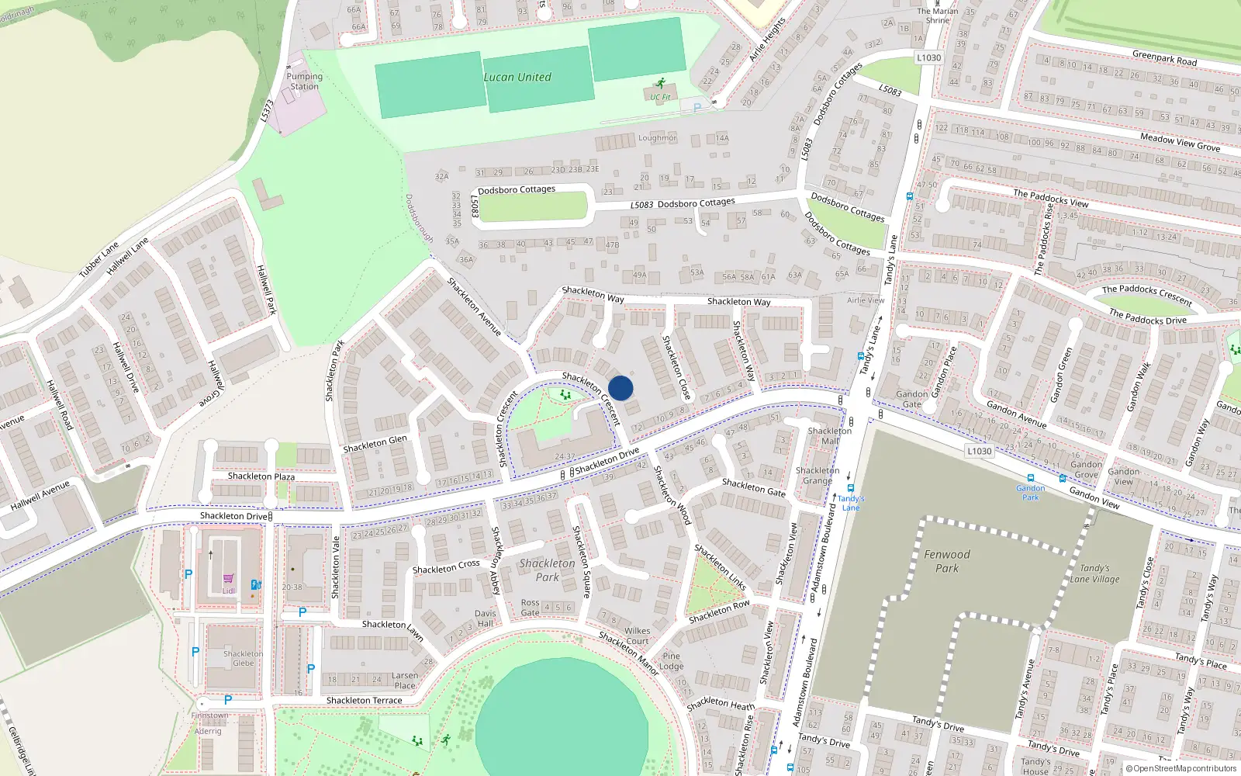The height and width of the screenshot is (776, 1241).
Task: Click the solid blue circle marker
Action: click(620, 388)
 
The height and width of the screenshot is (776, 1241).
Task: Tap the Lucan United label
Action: click(517, 78)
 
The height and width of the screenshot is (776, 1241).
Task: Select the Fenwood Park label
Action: click(947, 561)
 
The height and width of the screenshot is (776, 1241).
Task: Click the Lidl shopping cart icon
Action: click(229, 579)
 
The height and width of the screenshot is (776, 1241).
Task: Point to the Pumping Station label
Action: click(304, 81)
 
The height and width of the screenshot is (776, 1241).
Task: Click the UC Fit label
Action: click(660, 98)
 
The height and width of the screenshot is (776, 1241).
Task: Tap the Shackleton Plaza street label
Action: click(261, 476)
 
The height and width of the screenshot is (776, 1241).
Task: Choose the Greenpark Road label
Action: click(1164, 58)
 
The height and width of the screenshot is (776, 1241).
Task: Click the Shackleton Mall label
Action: click(829, 435)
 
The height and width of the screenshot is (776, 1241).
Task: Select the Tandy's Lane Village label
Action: click(1094, 573)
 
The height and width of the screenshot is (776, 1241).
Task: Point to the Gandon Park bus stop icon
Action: click(1031, 479)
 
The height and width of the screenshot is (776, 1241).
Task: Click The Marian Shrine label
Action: click(937, 16)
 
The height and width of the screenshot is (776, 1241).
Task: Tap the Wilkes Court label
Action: click(637, 636)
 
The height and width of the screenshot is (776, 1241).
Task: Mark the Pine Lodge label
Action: click(671, 661)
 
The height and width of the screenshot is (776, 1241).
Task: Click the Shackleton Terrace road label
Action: click(364, 701)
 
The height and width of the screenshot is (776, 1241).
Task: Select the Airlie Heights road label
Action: click(767, 40)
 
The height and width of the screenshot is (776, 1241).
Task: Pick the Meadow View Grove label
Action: click(1180, 142)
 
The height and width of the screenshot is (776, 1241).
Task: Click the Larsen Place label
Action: click(405, 681)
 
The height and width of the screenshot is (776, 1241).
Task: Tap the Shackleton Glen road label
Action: click(375, 444)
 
